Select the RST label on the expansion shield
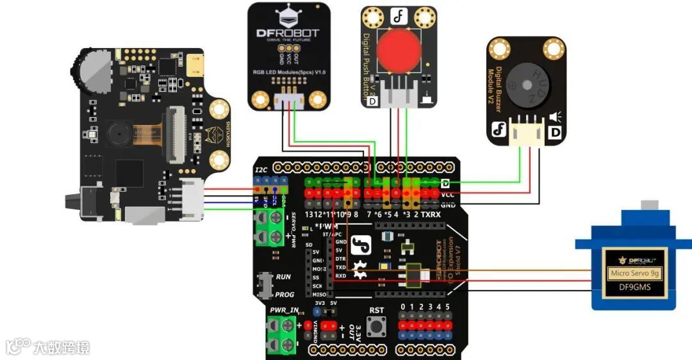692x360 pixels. [377, 311]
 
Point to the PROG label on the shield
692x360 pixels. [284, 295]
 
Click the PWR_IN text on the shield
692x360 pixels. [284, 310]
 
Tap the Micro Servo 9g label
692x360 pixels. [635, 274]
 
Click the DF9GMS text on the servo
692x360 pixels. [634, 287]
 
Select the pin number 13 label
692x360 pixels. [309, 214]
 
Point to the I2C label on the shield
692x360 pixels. [261, 170]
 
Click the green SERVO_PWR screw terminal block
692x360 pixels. [269, 228]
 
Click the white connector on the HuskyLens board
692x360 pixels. [191, 196]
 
